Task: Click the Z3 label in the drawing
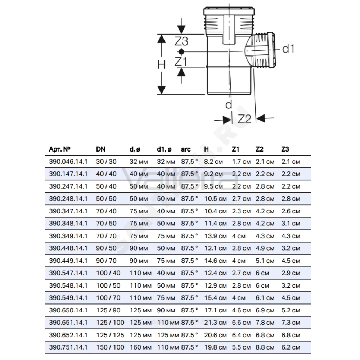[181, 41]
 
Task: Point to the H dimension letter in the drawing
[161, 65]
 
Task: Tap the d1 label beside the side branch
[288, 49]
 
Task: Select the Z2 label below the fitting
[244, 119]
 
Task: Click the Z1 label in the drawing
[181, 62]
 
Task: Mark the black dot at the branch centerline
[181, 51]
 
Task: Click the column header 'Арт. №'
[59, 149]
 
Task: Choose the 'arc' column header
[186, 149]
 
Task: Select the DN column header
[100, 149]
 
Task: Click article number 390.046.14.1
[68, 162]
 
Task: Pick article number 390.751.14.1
[68, 347]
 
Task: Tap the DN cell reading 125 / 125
[110, 335]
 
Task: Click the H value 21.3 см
[215, 323]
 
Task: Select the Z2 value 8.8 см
[265, 347]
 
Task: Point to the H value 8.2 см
[213, 162]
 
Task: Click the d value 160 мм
[140, 347]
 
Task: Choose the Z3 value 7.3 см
[291, 323]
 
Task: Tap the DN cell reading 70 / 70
[106, 236]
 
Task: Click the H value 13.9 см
[215, 236]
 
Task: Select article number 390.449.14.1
[68, 261]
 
